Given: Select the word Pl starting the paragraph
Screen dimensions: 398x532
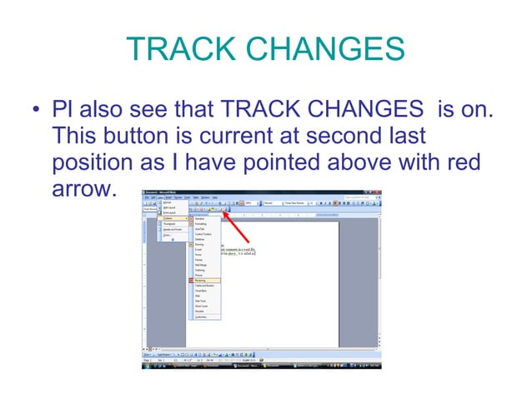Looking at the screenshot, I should (x=62, y=109).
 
